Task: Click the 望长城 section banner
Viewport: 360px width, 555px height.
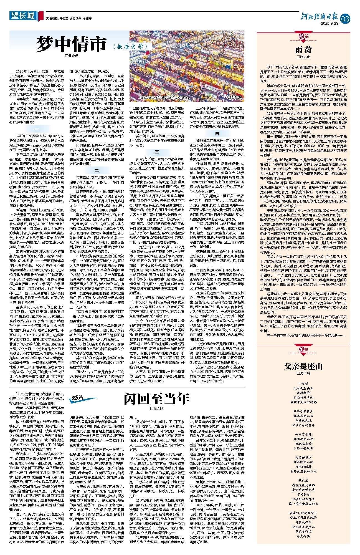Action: click(23, 16)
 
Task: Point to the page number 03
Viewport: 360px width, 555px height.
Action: click(346, 19)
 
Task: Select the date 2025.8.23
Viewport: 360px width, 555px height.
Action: click(329, 24)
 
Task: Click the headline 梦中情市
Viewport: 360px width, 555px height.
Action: click(72, 44)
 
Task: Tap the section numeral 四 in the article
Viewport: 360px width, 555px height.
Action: click(217, 133)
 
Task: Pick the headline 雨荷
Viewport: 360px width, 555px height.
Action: click(303, 50)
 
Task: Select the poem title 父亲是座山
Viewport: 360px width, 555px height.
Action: click(303, 366)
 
